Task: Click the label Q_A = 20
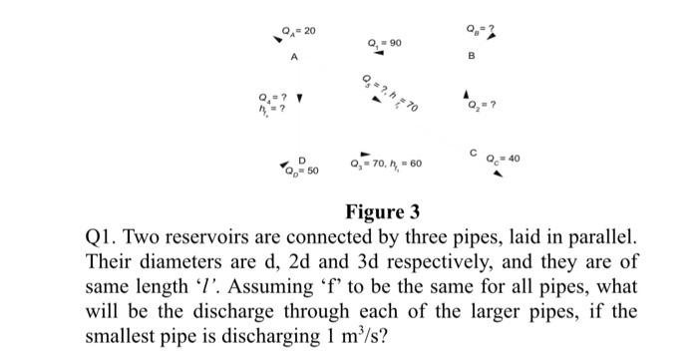pos(299,31)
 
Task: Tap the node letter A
pos(293,58)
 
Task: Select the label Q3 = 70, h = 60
pos(387,162)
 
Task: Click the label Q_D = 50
pos(302,172)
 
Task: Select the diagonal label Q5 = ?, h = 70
pos(390,93)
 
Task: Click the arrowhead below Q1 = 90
pos(379,55)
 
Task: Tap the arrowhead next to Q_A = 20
pos(278,40)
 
